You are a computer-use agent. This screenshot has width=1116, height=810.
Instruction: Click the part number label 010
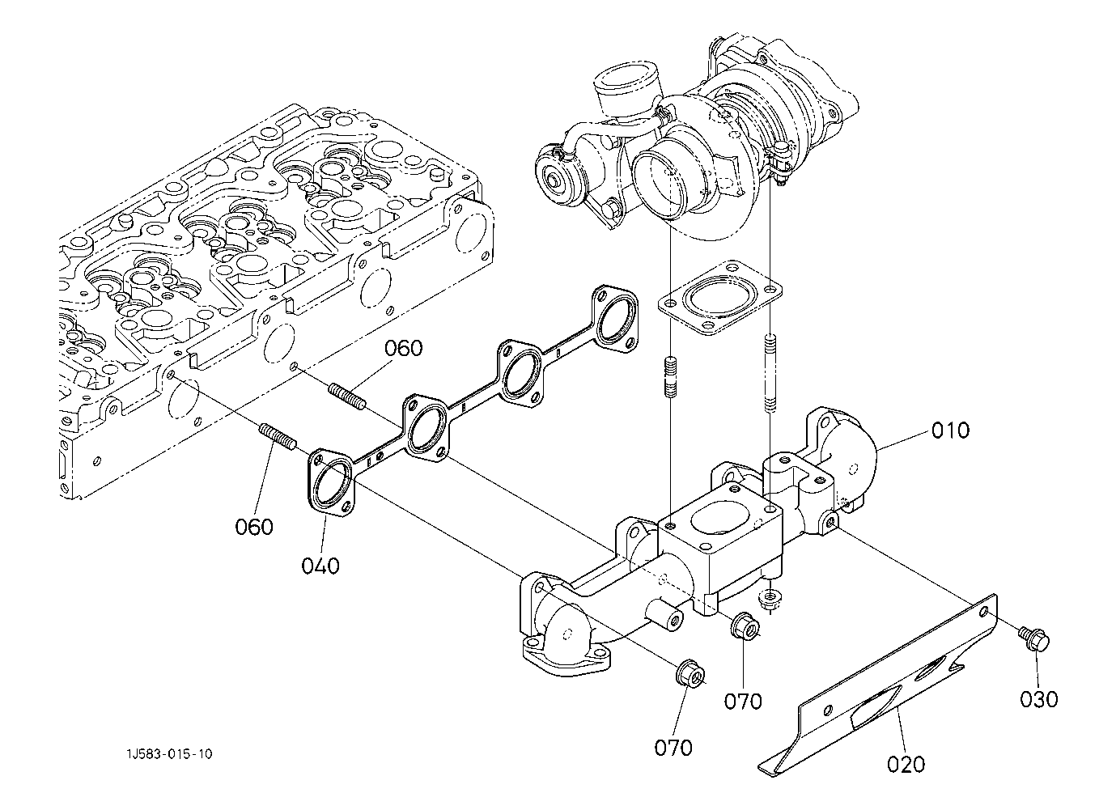point(950,430)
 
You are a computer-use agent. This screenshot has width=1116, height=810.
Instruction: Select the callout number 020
point(906,764)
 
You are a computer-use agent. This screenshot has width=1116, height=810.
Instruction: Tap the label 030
point(1039,699)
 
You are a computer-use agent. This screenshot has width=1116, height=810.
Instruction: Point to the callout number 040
point(320,566)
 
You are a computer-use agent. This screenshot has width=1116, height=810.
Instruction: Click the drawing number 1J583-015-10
point(169,754)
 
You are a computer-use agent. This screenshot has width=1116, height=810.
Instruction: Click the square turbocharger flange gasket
point(720,299)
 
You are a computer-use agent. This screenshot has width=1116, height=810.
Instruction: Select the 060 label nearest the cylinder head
point(403,348)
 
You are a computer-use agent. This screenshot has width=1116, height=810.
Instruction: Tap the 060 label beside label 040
point(254,527)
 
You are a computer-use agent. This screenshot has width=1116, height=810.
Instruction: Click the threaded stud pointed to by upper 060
point(348,397)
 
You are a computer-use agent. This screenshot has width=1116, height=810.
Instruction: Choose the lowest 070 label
point(673,748)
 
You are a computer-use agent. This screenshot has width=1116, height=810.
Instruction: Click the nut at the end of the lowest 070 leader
point(689,676)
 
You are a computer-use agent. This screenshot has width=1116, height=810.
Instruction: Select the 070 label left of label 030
point(743,702)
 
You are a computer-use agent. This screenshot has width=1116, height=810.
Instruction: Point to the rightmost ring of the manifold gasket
point(616,318)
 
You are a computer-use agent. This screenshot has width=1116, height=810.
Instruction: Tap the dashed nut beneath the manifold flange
point(770,596)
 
